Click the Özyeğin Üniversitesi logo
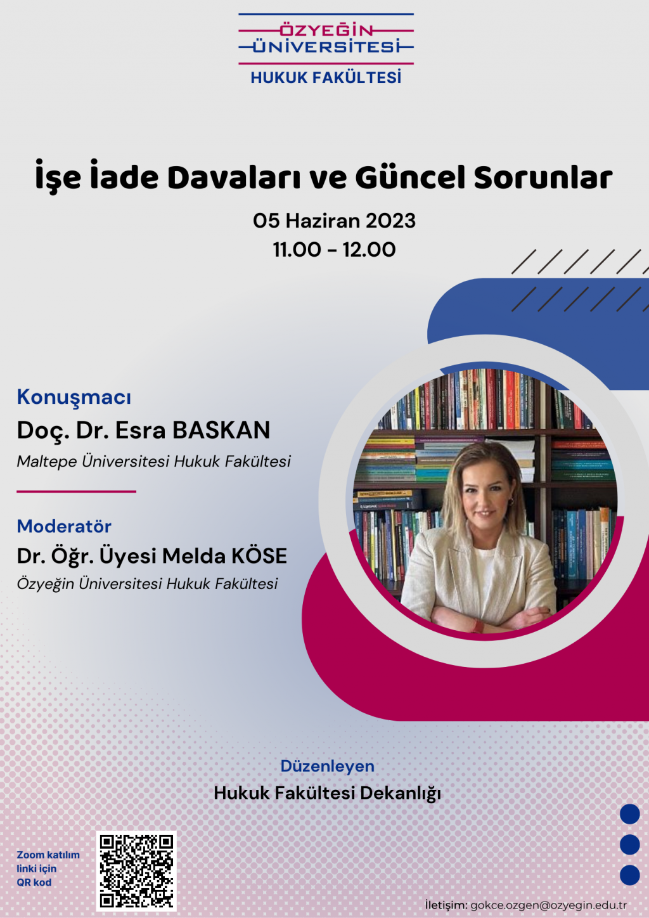[x=326, y=39]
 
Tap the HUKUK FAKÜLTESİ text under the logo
[x=326, y=77]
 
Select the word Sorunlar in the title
[x=543, y=178]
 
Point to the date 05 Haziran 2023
[x=335, y=221]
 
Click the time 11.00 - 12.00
[x=335, y=250]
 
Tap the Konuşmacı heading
[x=74, y=397]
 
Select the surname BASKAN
[x=221, y=430]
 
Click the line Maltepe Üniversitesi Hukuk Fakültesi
[x=153, y=462]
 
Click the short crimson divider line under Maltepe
[x=76, y=491]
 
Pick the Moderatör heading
[x=64, y=526]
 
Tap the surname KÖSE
[x=259, y=556]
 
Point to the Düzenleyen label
[x=328, y=766]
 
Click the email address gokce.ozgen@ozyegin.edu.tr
[x=549, y=905]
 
